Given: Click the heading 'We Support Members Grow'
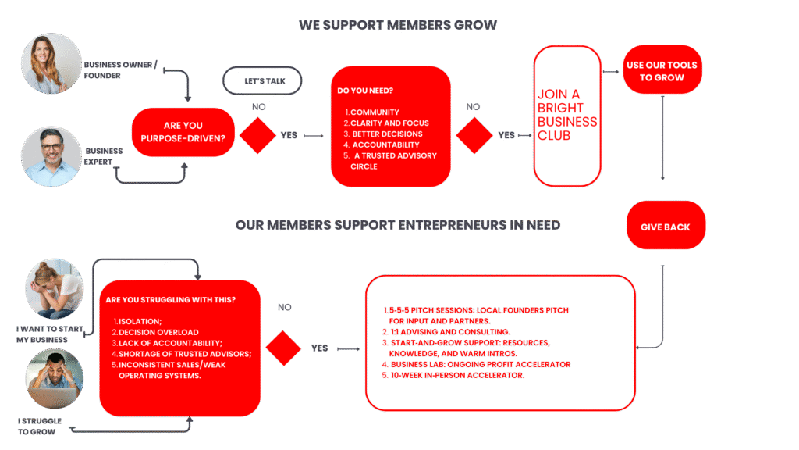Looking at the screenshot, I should [x=397, y=25].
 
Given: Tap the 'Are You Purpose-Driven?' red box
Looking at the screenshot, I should [x=183, y=132].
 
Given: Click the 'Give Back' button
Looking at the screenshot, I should [x=666, y=227].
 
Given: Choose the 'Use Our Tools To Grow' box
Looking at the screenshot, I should [x=662, y=71].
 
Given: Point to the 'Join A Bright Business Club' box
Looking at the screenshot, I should [x=567, y=115].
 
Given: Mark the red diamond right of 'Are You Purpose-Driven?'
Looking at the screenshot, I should [x=257, y=135].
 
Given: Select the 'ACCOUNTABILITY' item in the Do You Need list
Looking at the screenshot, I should [x=385, y=145].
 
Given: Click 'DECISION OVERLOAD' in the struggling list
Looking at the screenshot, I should [x=158, y=332].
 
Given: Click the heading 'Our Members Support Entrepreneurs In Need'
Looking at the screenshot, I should [x=397, y=225].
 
